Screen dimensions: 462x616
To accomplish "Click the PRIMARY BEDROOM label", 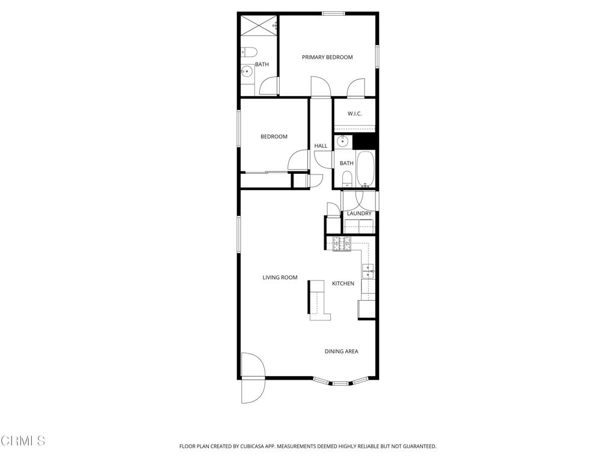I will (327, 57).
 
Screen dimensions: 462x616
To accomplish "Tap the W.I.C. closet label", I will (354, 114).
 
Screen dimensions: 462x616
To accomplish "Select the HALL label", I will (321, 146).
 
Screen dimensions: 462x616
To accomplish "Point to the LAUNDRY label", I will (359, 214).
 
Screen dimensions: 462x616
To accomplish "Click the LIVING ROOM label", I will (280, 277).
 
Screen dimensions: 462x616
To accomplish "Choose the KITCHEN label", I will (343, 283).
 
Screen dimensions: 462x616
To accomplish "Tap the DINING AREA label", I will (342, 351).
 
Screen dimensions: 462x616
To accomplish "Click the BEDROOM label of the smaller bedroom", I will (274, 137).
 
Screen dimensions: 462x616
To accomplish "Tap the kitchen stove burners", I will (342, 244).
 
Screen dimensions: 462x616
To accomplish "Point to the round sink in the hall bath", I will (342, 142).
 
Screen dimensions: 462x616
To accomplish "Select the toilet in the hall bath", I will (346, 178).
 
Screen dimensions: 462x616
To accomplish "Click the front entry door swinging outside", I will (252, 390).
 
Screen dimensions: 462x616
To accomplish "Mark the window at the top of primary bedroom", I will (333, 13).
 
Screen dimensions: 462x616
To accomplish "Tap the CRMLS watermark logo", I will (23, 441).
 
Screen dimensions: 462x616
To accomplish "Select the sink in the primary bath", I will (246, 72).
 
